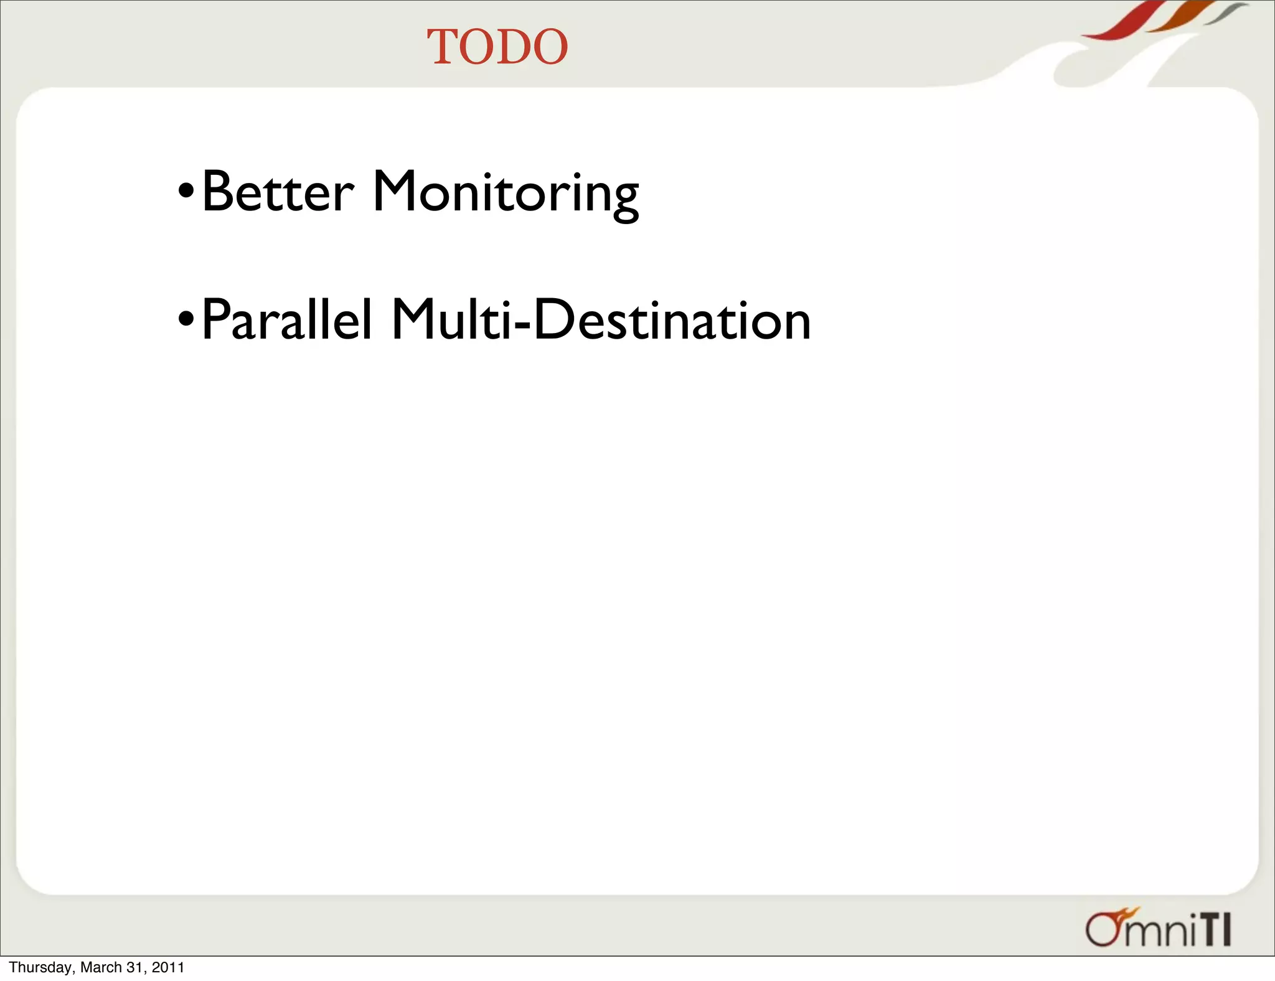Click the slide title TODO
(x=497, y=47)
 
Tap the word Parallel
(x=287, y=320)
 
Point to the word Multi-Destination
(x=601, y=320)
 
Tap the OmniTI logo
(x=1158, y=928)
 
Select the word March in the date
(x=101, y=967)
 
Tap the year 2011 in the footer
(x=168, y=967)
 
